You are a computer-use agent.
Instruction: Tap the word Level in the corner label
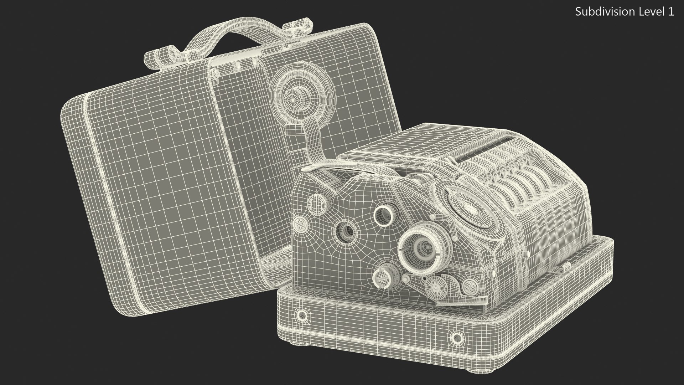click(x=645, y=12)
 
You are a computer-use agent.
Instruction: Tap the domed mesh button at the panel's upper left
click(x=316, y=204)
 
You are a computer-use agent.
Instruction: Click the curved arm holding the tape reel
click(x=313, y=143)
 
